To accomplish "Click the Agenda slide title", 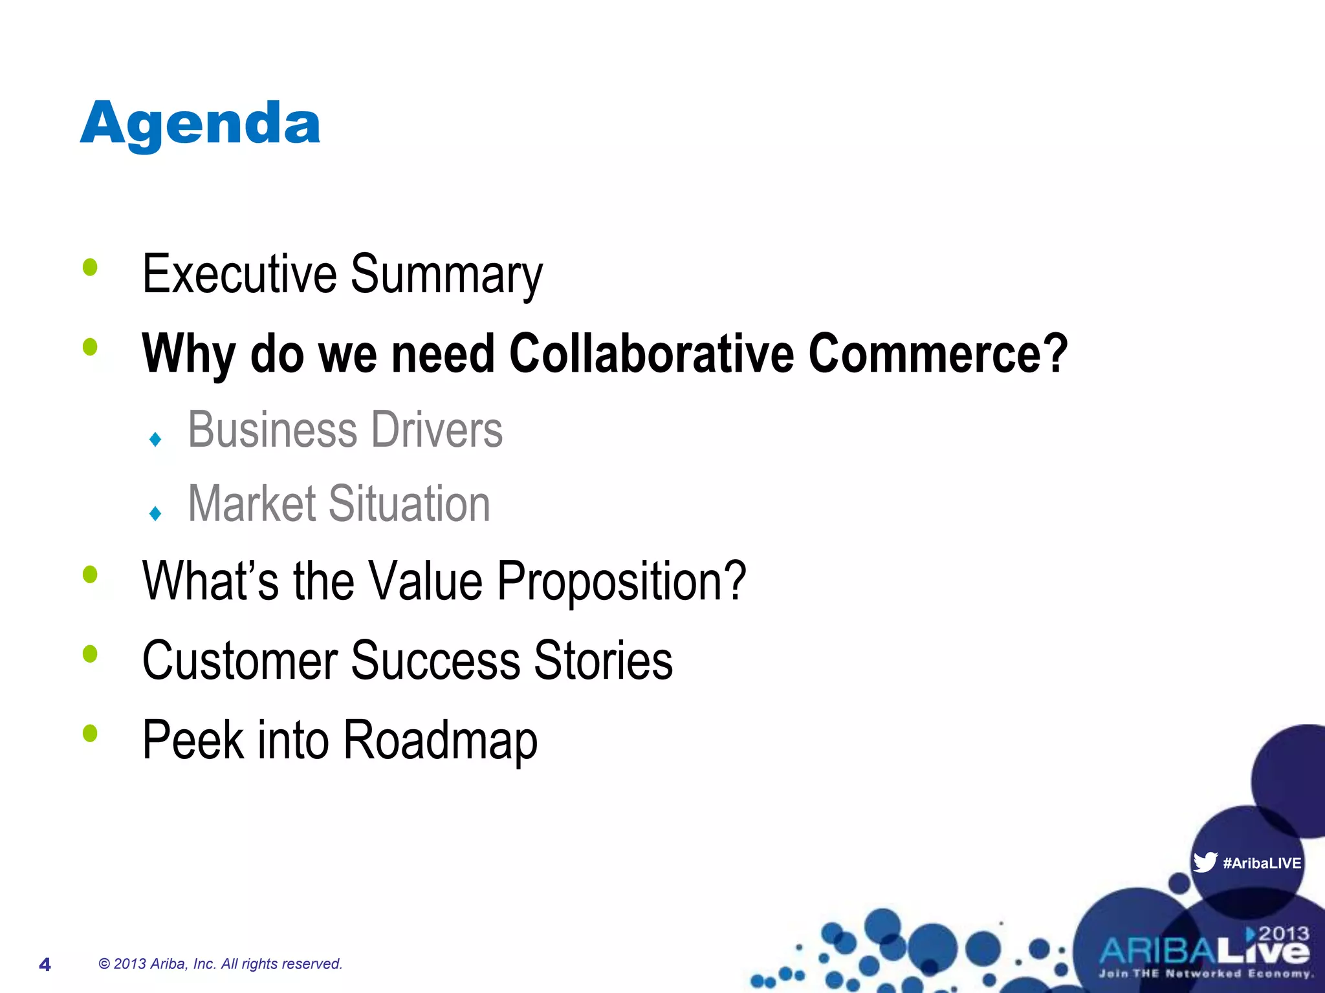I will point(200,124).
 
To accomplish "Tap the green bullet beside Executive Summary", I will point(90,267).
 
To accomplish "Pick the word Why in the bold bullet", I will point(188,354).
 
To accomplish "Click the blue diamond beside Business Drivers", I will point(155,440).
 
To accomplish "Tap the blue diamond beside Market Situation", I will point(155,514).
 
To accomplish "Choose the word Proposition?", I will point(621,581).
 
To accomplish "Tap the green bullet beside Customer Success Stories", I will point(90,654).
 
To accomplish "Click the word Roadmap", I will point(440,740).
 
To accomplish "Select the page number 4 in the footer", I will point(45,965).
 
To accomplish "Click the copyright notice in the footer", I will point(220,964).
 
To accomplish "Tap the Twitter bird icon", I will point(1205,862).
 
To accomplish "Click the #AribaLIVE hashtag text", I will point(1262,863).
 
